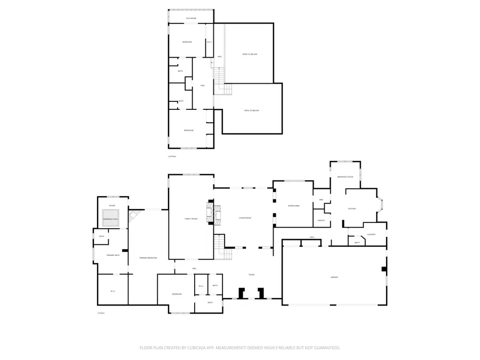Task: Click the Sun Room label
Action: pyautogui.click(x=190, y=19)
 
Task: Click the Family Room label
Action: pyautogui.click(x=191, y=219)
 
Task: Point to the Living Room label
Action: pyautogui.click(x=245, y=218)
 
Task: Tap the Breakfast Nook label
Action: pyautogui.click(x=346, y=177)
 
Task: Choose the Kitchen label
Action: pyautogui.click(x=352, y=209)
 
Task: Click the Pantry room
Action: pyautogui.click(x=321, y=220)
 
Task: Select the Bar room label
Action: pyautogui.click(x=321, y=200)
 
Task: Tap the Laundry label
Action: pyautogui.click(x=372, y=234)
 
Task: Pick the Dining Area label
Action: pyautogui.click(x=293, y=205)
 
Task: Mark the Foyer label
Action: pyautogui.click(x=251, y=275)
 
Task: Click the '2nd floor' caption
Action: pyautogui.click(x=172, y=156)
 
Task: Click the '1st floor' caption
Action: pyautogui.click(x=100, y=313)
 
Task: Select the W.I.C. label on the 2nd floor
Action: pyautogui.click(x=209, y=42)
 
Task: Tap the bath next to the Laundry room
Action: pyautogui.click(x=357, y=243)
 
